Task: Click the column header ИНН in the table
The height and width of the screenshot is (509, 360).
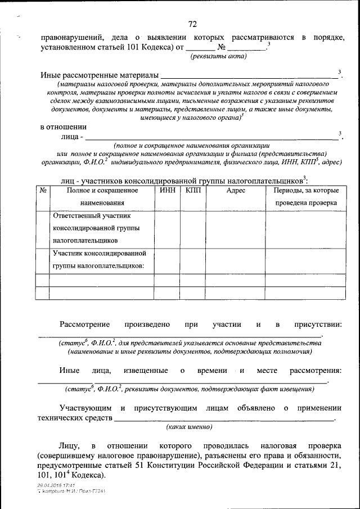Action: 167,191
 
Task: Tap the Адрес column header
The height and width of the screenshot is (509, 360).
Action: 236,191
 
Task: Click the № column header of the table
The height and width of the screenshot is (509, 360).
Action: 43,191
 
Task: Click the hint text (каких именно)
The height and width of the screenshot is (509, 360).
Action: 189,427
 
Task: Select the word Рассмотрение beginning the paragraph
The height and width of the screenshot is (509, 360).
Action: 87,325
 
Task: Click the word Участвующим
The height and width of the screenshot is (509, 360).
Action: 85,408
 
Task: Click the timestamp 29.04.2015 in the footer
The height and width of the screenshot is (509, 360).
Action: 48,485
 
